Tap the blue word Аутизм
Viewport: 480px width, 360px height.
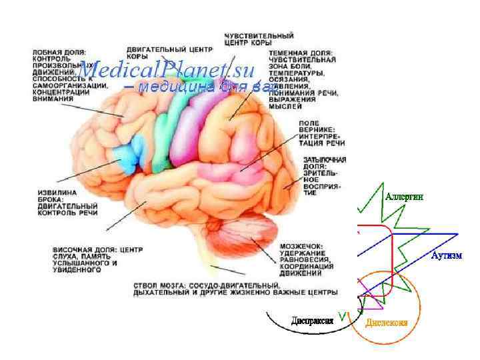447,255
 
